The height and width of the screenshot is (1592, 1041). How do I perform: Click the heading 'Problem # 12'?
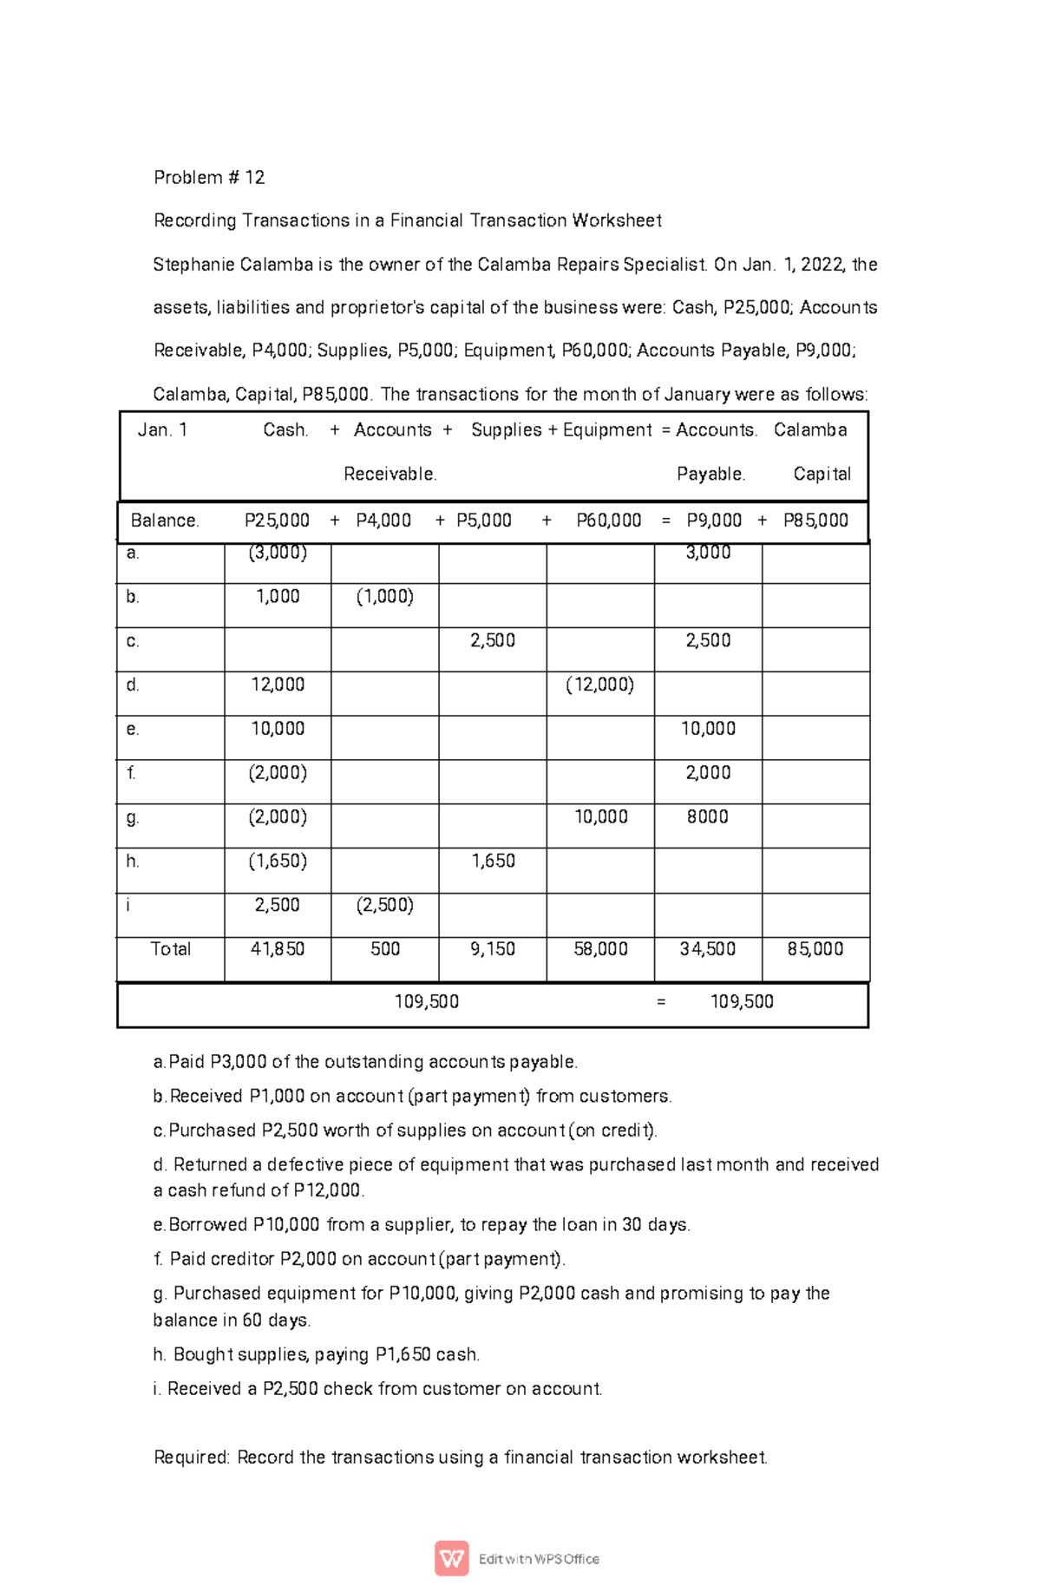pos(209,177)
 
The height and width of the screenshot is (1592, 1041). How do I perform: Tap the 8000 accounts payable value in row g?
pos(707,816)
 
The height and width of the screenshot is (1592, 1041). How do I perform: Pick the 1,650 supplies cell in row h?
pos(493,861)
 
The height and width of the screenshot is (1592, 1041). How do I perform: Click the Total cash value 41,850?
pos(278,949)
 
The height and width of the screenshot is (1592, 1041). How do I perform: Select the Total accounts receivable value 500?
pos(385,949)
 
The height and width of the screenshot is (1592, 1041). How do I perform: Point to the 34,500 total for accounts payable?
pos(707,949)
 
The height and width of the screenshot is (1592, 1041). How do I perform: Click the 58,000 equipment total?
pos(600,949)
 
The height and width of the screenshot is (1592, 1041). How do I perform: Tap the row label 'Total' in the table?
pos(170,949)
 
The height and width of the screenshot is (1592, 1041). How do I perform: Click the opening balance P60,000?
pos(609,521)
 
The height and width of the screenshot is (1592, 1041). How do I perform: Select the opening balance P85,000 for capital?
pos(815,521)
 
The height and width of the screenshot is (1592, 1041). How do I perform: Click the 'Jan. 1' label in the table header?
pos(162,430)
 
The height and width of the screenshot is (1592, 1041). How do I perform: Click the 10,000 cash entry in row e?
pos(278,729)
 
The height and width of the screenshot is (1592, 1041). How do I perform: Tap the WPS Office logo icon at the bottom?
pos(452,1558)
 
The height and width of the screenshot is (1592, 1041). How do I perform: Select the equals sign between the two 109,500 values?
pos(662,1002)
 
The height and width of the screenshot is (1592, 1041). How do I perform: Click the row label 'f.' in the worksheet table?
pos(132,772)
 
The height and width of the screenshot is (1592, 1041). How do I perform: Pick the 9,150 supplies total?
pos(493,949)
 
